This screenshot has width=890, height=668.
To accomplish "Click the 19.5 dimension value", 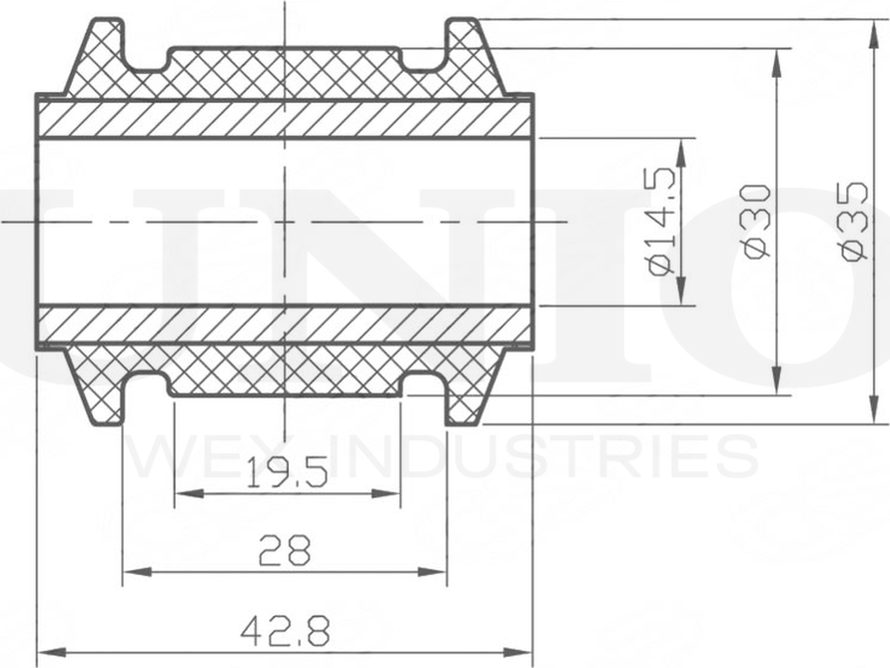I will [x=286, y=470].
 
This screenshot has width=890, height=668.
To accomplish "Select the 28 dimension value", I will [x=285, y=550].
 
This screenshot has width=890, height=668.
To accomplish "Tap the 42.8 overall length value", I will [x=285, y=630].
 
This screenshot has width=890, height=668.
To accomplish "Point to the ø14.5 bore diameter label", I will [x=663, y=222].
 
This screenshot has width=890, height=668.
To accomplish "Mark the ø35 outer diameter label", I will [x=853, y=222].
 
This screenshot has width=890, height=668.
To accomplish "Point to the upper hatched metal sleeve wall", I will [x=285, y=119].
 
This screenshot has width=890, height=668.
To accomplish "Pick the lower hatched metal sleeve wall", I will [x=285, y=325].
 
